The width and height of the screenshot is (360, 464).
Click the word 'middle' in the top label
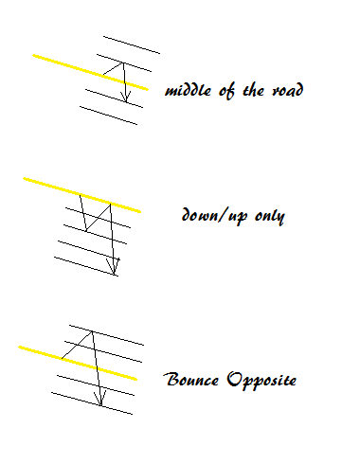[x=189, y=91]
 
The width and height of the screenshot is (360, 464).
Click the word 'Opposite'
[x=262, y=382]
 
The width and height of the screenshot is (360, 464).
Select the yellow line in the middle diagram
[x=57, y=187]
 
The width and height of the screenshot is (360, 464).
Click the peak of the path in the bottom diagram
[x=91, y=330]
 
